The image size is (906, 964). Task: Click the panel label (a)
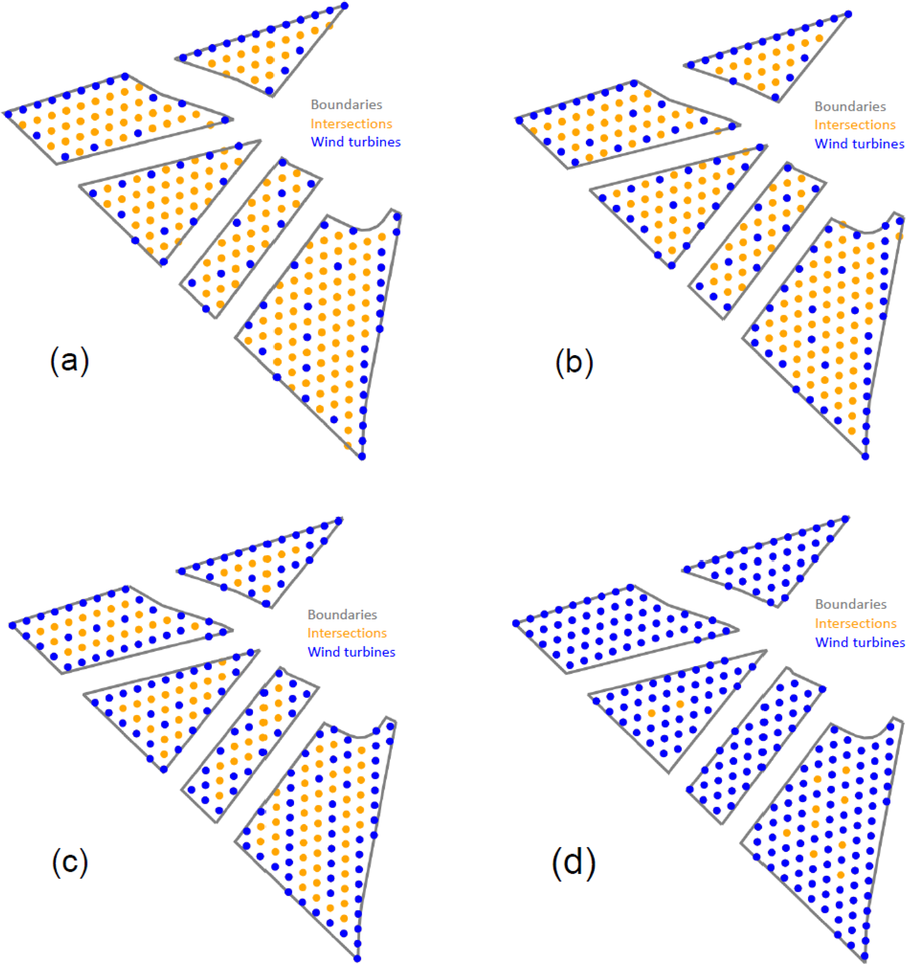coord(70,361)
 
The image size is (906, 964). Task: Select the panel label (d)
coord(574,863)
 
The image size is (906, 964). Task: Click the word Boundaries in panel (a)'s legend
coord(346,105)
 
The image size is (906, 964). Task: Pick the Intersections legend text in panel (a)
coord(351,124)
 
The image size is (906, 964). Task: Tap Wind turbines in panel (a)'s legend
coord(355,142)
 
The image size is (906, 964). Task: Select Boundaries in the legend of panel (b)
coord(850,107)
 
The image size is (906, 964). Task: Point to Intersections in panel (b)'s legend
coord(855,125)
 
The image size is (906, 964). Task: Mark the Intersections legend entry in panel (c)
coord(347,633)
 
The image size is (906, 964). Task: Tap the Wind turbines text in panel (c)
coord(351,652)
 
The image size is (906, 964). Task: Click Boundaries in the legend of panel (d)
coord(851,604)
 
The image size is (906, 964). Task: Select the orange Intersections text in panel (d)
coord(856,623)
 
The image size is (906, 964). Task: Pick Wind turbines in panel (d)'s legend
coord(860,643)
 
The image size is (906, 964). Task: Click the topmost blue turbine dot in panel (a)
coord(345,6)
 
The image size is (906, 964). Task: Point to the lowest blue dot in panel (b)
coord(865,456)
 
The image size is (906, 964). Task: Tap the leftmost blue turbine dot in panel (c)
coord(12,626)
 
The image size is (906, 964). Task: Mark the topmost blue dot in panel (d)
coord(846,519)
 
